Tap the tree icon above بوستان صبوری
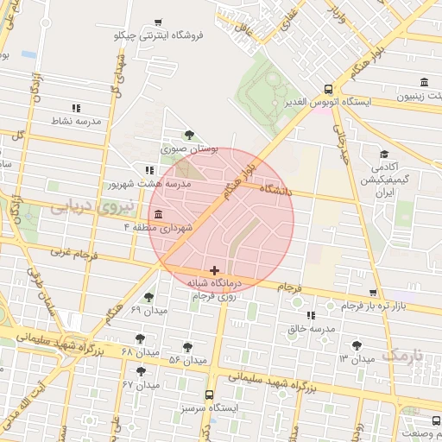click(189, 134)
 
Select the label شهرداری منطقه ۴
click(170, 226)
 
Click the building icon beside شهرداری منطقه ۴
click(158, 214)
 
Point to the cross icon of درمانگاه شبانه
click(214, 271)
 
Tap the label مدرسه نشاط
click(76, 121)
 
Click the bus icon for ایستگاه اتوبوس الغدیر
click(328, 89)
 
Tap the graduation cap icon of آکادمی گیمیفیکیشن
click(382, 155)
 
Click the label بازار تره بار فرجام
click(373, 306)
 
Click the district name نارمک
click(403, 355)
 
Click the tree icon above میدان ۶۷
click(141, 371)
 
